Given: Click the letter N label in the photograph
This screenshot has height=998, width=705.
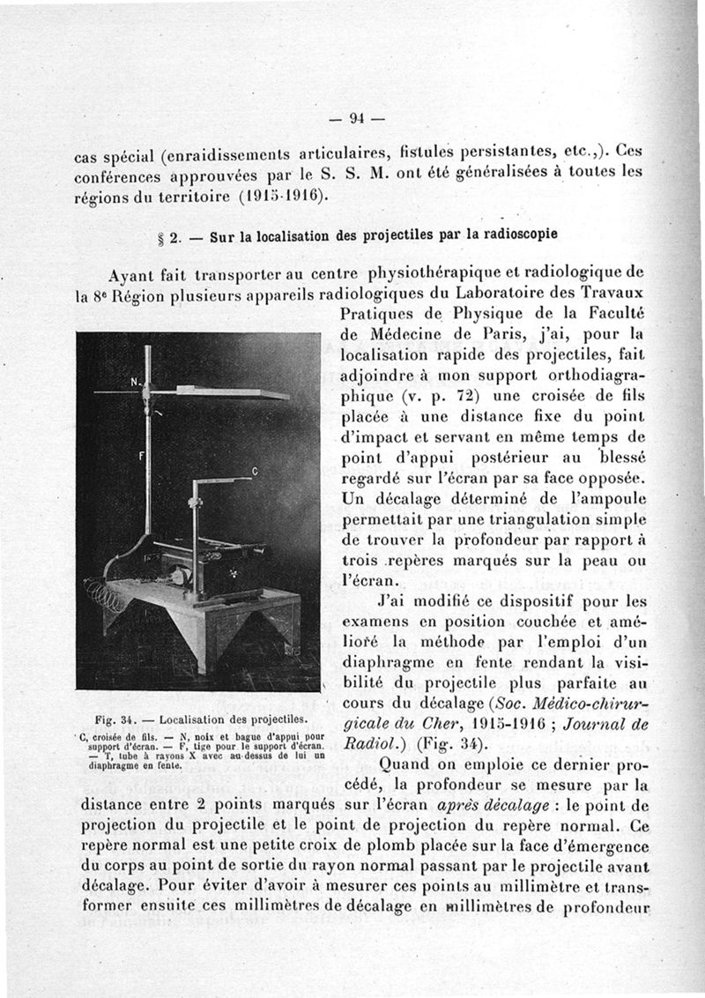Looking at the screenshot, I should tap(136, 382).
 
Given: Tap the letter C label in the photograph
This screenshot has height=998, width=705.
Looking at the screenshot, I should tap(255, 472).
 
